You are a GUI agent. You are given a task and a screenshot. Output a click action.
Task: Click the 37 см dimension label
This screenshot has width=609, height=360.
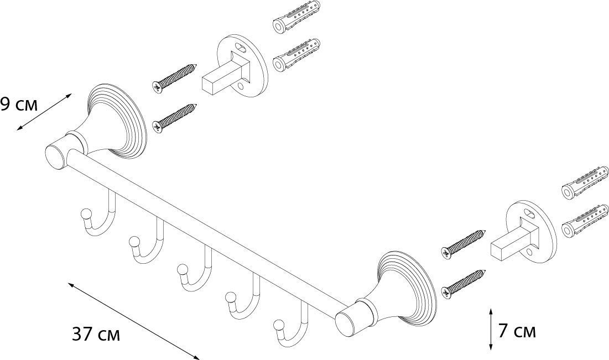96,335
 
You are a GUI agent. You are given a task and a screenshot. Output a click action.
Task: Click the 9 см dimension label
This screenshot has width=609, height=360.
19,104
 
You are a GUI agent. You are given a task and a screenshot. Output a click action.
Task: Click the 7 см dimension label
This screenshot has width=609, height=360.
517,331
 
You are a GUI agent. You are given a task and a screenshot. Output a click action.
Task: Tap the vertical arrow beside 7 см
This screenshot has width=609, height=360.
491,330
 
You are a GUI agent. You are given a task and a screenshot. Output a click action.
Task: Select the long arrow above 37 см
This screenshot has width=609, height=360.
133,320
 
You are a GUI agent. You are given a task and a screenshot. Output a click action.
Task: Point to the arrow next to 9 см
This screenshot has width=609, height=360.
44,112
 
